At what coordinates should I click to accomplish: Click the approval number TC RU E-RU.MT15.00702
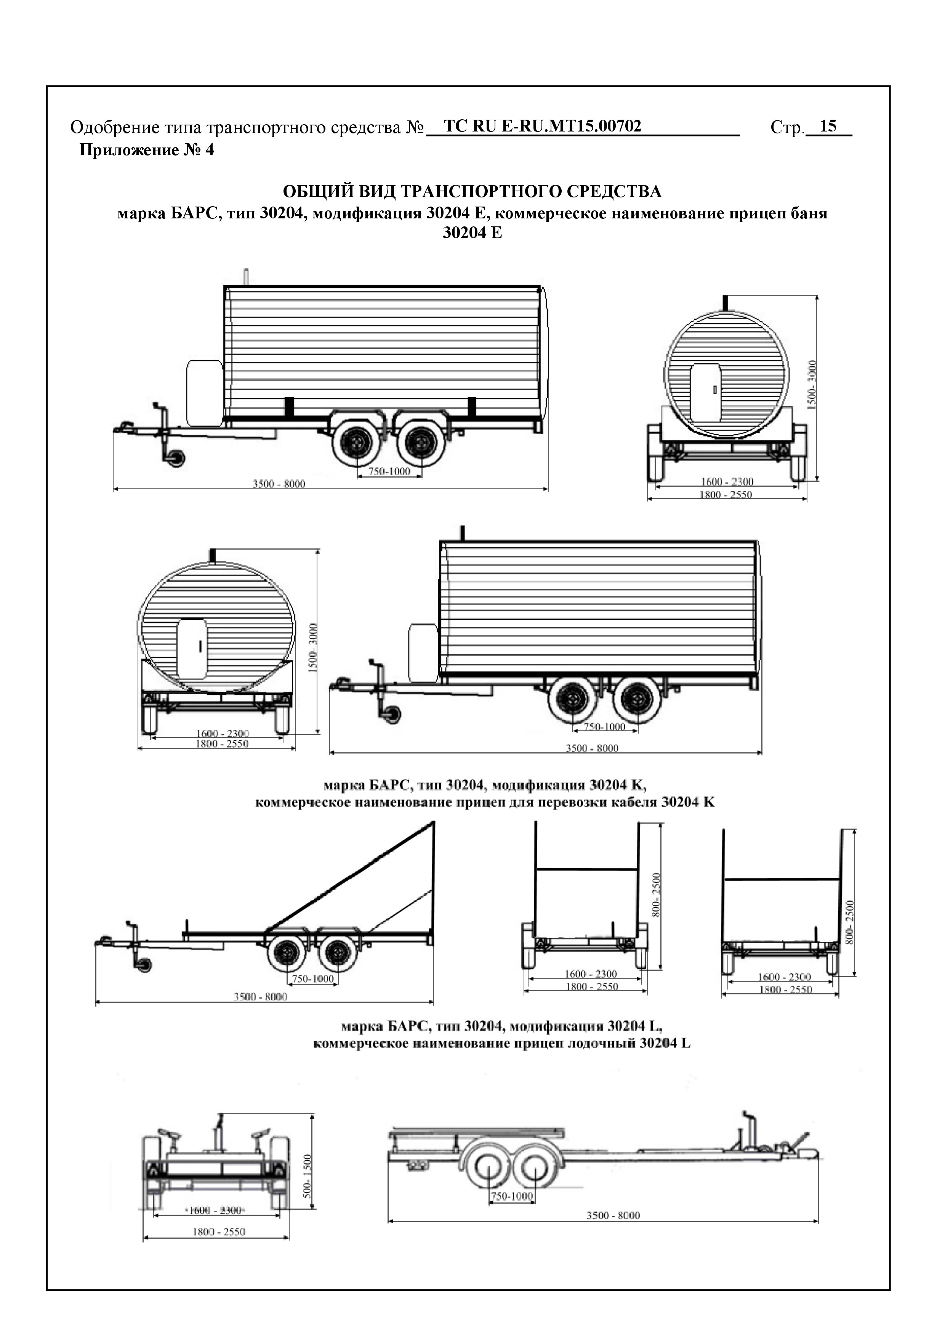(542, 127)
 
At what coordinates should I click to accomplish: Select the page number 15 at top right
(827, 127)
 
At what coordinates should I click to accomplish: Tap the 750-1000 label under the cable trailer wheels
(313, 979)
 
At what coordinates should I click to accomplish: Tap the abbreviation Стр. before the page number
(786, 128)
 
